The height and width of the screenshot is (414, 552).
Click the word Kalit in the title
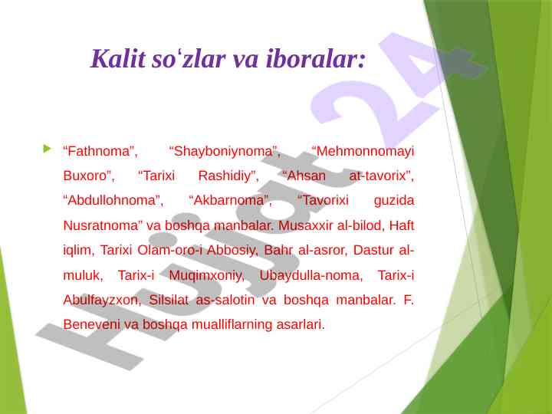tap(118, 58)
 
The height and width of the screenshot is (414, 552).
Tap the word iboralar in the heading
tap(312, 58)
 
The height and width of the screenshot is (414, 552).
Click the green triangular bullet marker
tap(47, 149)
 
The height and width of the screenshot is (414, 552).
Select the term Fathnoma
tap(98, 151)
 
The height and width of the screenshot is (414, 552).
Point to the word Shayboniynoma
tap(223, 151)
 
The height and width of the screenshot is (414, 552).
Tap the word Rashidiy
tap(227, 176)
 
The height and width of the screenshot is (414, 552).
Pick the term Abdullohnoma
tap(111, 200)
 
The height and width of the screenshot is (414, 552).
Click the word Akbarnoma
tap(228, 200)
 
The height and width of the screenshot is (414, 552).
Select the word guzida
tap(394, 201)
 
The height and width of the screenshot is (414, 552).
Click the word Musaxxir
tap(305, 225)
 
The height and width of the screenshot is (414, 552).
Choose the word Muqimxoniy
tap(206, 275)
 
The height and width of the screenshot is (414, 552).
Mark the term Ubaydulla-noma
tap(310, 275)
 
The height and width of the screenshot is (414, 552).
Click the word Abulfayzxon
tap(101, 300)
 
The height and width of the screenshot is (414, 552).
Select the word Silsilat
tap(169, 300)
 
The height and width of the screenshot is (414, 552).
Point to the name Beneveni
tap(91, 324)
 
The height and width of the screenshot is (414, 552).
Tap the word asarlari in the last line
tap(300, 324)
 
